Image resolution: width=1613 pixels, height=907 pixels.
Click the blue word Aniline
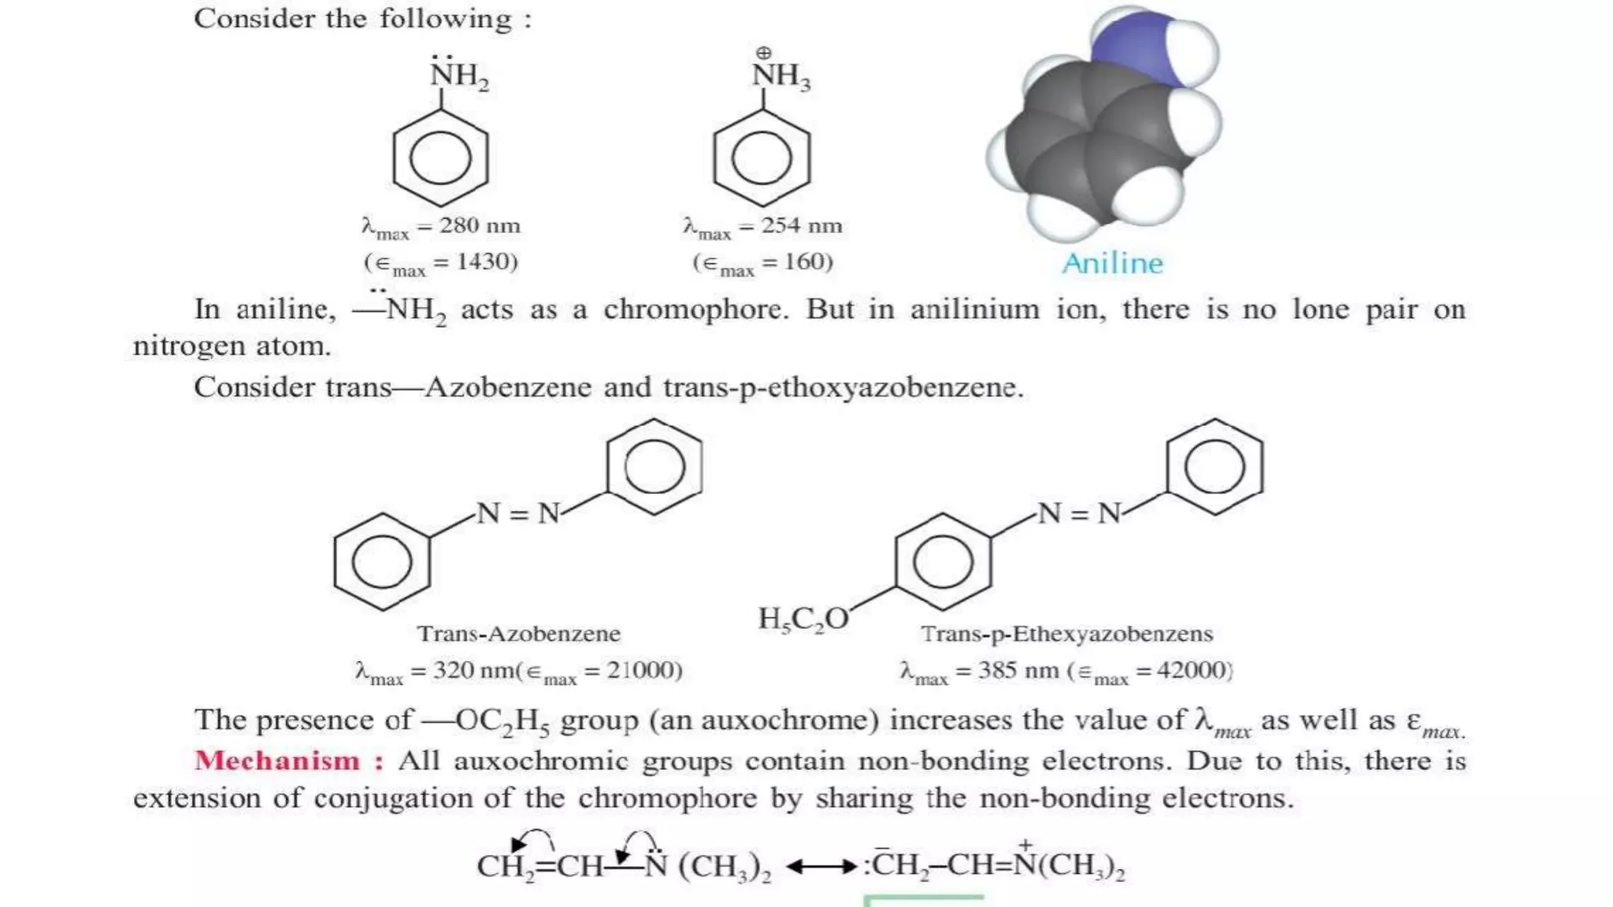click(x=1112, y=263)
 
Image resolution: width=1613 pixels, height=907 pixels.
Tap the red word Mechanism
click(x=278, y=761)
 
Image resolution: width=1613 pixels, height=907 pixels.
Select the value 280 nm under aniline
click(x=480, y=226)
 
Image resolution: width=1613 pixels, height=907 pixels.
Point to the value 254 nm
click(x=801, y=226)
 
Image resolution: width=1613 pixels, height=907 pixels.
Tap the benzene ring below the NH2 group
click(x=441, y=158)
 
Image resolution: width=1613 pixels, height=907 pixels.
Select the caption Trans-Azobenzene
click(x=518, y=634)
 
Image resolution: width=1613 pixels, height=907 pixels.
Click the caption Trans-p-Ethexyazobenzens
click(x=1066, y=634)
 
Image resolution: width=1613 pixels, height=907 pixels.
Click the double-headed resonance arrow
click(x=821, y=867)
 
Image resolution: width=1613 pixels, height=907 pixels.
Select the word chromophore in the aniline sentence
click(x=695, y=309)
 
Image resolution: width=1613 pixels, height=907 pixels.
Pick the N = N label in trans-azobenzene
click(x=518, y=513)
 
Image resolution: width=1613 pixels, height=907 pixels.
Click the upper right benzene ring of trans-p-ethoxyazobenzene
click(x=1214, y=467)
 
